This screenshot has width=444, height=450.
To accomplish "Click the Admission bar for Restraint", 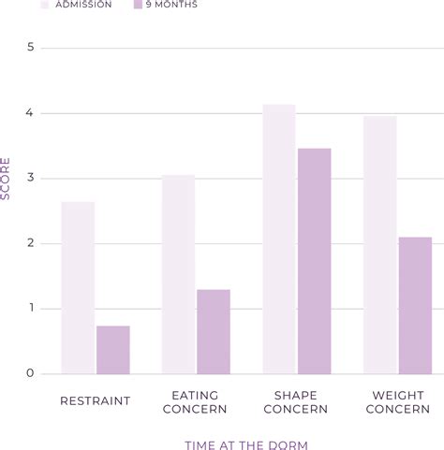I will pos(78,288).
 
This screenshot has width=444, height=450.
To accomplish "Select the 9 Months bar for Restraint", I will pos(113,350).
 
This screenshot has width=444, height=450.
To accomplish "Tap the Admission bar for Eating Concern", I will pos(178,275).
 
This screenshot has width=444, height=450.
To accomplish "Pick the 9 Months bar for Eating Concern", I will pos(214,332).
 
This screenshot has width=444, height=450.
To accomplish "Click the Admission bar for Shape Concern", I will pos(279,240).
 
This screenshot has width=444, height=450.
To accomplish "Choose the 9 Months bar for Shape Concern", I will pos(315,261).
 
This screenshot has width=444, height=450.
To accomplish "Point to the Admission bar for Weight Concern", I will pos(379,245).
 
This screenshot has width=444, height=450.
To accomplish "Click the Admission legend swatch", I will pos(44,5).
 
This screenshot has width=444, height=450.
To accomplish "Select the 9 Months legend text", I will pos(172,5).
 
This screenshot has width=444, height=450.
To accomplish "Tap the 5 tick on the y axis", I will pos(30,48).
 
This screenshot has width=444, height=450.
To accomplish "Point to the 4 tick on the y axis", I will pos(30,113).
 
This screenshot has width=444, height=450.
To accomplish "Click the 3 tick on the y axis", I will pos(30,179).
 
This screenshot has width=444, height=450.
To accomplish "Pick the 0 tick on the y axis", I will pos(30,374).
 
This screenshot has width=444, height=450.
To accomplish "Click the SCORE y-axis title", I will pos(7,179).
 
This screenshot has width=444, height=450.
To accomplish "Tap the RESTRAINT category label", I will pos(95,401).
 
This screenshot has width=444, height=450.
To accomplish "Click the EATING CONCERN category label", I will pos(196,402).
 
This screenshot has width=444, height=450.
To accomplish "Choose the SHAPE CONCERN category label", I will pos(296,402).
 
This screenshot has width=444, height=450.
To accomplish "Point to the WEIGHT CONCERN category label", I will pos(397,402).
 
